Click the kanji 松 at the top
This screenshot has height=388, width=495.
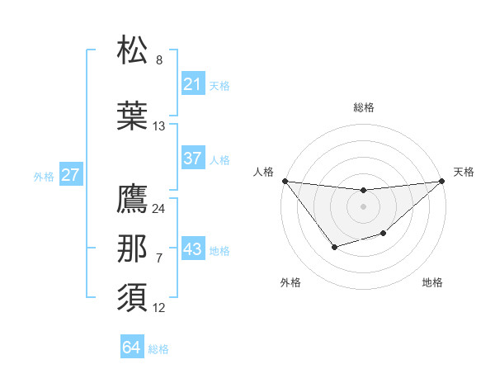(x=134, y=50)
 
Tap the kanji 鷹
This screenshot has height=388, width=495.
(x=134, y=199)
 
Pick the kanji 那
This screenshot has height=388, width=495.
(x=134, y=248)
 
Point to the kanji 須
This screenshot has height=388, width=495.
(x=134, y=296)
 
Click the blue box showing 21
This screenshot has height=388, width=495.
(x=193, y=84)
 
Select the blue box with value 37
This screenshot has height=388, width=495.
(x=193, y=159)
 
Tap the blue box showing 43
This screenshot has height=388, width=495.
(x=193, y=249)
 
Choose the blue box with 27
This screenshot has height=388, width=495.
(x=70, y=175)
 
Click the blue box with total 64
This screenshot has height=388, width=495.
(x=132, y=348)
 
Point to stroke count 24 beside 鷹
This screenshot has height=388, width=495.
(x=159, y=209)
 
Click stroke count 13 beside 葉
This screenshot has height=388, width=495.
(x=159, y=126)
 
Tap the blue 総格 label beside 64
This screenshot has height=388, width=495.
(x=158, y=349)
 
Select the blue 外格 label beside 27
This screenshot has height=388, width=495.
(x=44, y=176)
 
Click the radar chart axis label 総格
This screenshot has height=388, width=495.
(x=363, y=107)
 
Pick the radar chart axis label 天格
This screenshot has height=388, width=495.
(x=464, y=172)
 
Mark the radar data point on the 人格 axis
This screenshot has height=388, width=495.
(x=285, y=181)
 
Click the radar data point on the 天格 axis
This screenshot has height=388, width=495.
(x=442, y=181)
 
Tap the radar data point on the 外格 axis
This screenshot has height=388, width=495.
(x=334, y=247)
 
